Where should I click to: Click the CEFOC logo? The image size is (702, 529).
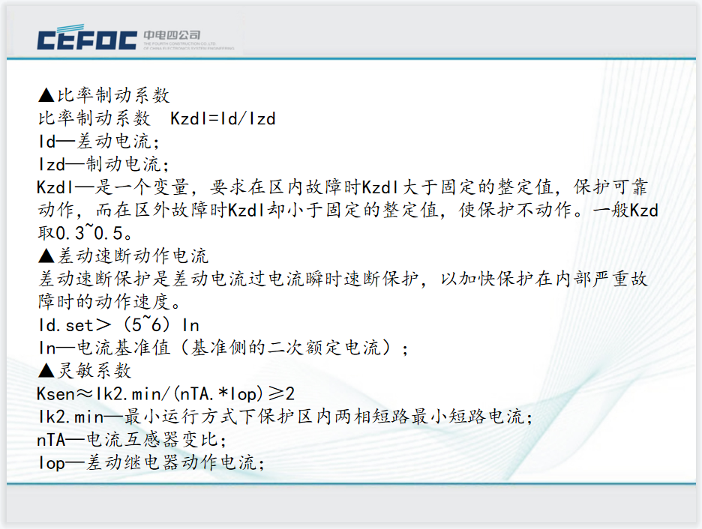(87, 37)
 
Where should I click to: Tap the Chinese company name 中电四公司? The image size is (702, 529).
(172, 35)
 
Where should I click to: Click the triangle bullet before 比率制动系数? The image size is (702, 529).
(46, 95)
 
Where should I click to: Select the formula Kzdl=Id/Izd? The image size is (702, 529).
(223, 118)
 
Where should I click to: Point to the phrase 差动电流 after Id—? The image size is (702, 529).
(115, 142)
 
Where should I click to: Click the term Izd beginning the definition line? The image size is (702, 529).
(52, 164)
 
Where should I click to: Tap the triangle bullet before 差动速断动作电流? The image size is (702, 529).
(46, 256)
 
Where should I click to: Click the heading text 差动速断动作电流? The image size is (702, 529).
(133, 256)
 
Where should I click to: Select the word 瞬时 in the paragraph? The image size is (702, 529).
(325, 279)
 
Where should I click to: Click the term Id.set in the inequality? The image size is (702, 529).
(66, 325)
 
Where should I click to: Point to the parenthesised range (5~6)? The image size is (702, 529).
(146, 324)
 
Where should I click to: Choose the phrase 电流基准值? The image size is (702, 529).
(124, 348)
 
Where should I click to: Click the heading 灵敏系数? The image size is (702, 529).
(94, 370)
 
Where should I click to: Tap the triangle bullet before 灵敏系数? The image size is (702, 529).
(46, 370)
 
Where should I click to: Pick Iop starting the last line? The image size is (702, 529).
(52, 463)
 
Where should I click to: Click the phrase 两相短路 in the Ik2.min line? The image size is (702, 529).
(373, 417)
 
